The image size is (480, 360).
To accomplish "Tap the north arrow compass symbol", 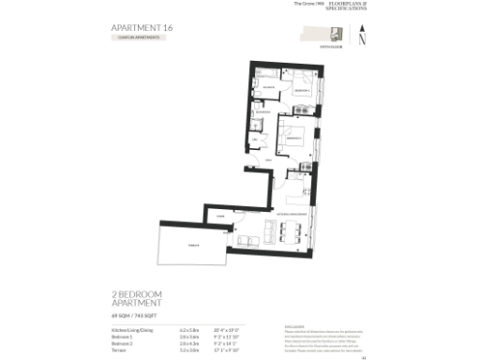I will tap(363, 37).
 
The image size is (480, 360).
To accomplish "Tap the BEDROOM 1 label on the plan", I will tap(301, 90).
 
